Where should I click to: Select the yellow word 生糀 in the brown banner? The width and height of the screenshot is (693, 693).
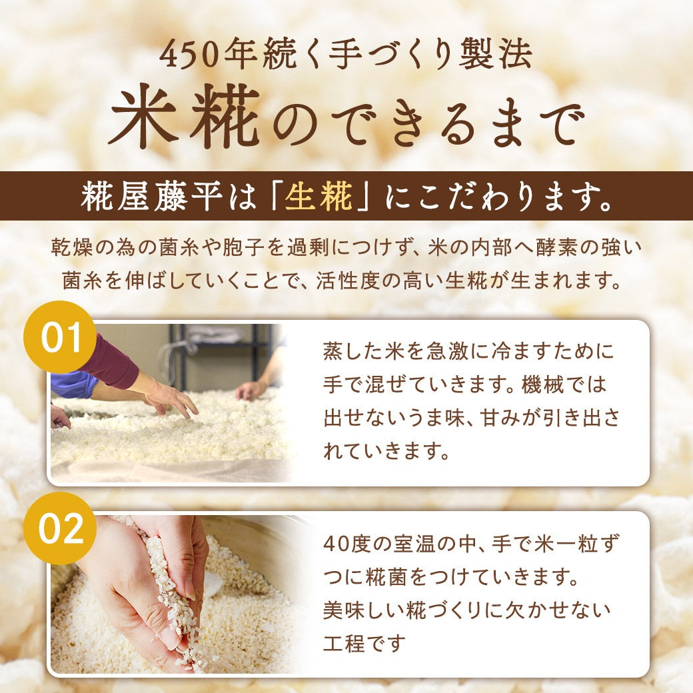click(x=319, y=196)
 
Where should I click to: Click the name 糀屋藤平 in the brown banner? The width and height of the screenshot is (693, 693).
click(x=151, y=196)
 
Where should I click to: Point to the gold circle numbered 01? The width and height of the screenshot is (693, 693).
click(x=61, y=337)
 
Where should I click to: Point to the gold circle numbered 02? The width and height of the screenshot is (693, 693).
click(x=61, y=528)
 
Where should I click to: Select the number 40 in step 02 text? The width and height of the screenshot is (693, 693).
click(x=335, y=544)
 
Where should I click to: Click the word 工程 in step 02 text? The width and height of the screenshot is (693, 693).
click(x=344, y=643)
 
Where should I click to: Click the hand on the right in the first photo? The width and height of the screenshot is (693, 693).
click(x=253, y=389)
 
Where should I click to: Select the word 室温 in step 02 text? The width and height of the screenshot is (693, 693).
click(x=414, y=544)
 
